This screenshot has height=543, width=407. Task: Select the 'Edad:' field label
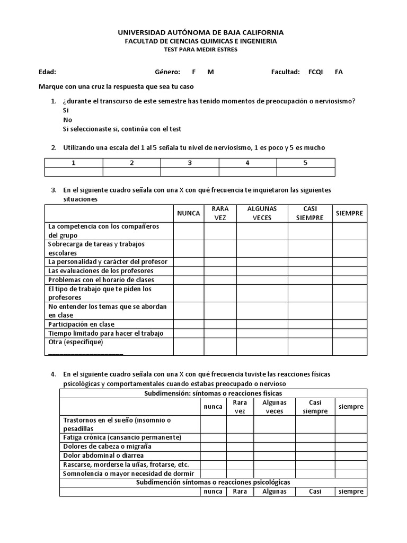(48, 72)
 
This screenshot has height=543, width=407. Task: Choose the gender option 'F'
(193, 72)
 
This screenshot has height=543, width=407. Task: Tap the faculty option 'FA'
(339, 72)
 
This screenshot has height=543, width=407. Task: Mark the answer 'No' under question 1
(67, 120)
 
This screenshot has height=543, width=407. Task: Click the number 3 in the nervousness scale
(190, 163)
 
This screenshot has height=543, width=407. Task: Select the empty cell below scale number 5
(305, 172)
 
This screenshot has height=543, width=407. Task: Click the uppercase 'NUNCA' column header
(189, 213)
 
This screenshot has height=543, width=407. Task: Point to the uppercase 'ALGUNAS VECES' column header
(262, 213)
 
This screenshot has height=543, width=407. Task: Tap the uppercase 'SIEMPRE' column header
(349, 213)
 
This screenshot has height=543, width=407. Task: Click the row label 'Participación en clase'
(81, 324)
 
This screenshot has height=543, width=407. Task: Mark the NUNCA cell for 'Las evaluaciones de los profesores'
(189, 270)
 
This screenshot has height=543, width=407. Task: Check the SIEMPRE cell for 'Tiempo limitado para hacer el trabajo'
(349, 333)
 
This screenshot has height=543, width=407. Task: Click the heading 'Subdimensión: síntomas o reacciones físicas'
(213, 393)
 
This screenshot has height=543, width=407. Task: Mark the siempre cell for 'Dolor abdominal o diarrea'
(351, 456)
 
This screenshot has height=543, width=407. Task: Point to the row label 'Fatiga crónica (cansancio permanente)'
(122, 437)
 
